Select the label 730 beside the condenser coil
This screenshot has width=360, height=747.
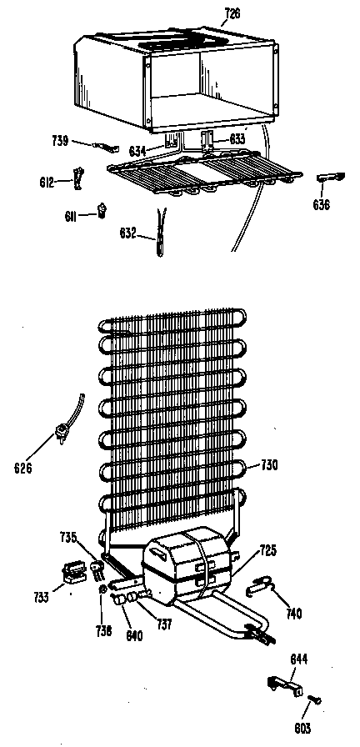(268, 464)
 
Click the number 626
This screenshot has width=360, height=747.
(22, 469)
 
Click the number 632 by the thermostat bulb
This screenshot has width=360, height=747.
(128, 233)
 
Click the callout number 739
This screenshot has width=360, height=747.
(61, 141)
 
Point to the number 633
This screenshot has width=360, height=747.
(237, 139)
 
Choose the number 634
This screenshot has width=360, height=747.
(138, 152)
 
